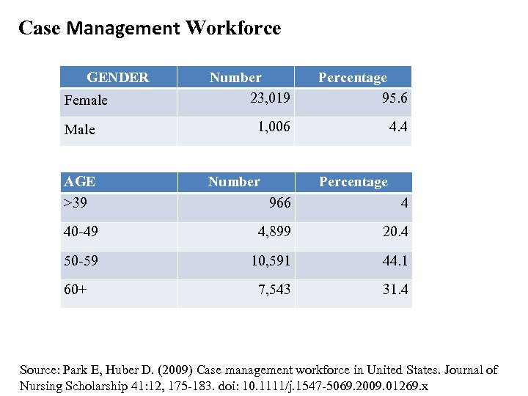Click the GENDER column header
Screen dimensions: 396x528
click(x=117, y=77)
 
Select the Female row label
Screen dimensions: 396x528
click(x=86, y=100)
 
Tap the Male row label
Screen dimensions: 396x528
click(x=80, y=130)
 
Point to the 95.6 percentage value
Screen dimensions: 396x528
click(x=395, y=98)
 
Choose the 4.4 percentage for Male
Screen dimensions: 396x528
click(x=399, y=127)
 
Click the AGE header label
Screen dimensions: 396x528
click(x=80, y=182)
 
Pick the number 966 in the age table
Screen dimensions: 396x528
click(x=279, y=203)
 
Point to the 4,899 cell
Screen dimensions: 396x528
click(x=273, y=232)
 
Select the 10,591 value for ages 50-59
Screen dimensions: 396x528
click(x=270, y=261)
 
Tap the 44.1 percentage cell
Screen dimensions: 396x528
click(x=395, y=261)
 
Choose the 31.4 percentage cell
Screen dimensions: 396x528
click(x=395, y=290)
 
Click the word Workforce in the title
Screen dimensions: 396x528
click(x=233, y=29)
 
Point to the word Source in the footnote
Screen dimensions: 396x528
click(x=40, y=370)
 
